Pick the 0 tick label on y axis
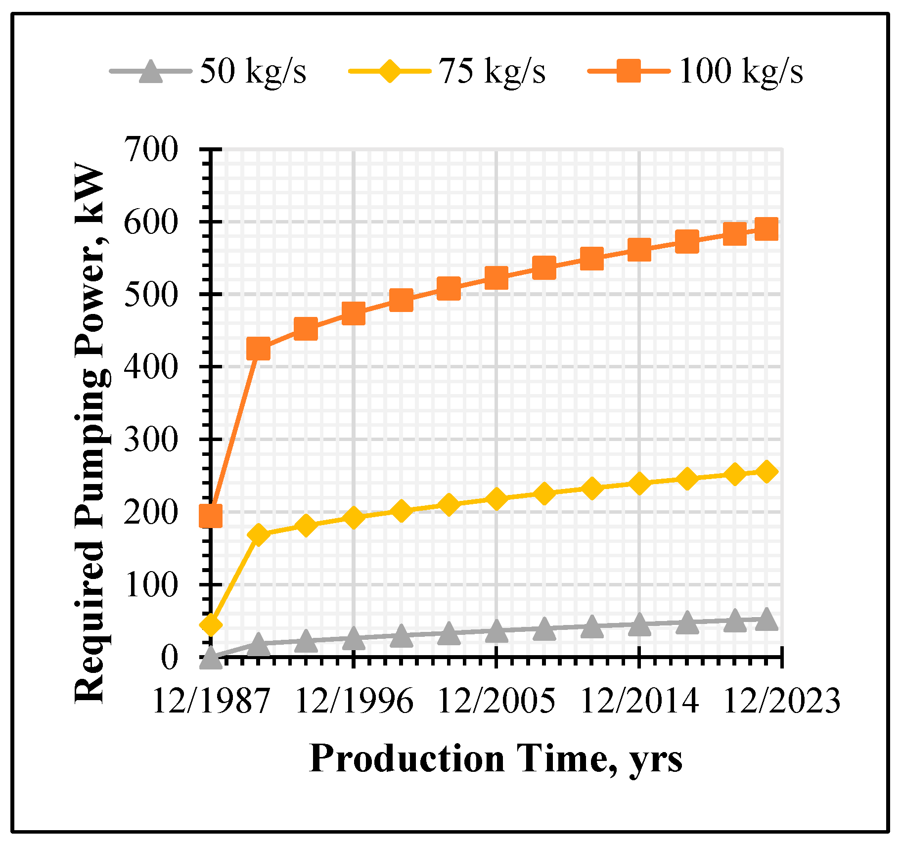168,658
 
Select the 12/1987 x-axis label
211,701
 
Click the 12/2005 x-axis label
496,701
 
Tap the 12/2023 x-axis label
781,701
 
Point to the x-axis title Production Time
496,758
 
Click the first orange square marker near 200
210,516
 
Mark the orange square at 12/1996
353,313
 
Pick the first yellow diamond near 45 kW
211,625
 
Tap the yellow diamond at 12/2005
496,498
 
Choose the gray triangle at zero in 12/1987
211,658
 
